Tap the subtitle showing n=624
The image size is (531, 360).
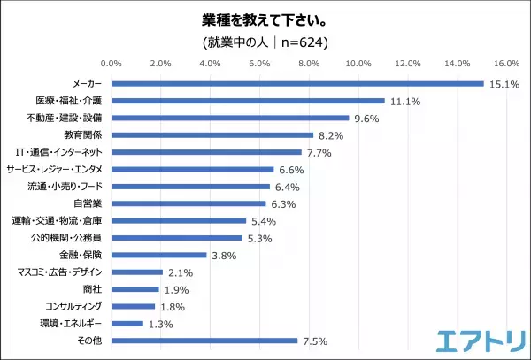tap(265, 41)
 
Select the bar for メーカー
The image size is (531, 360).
tap(297, 83)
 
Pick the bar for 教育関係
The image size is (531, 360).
tap(212, 134)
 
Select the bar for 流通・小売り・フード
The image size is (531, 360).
tap(190, 187)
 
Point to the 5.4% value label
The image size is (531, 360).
tap(263, 221)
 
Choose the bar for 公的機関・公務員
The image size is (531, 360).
tap(177, 238)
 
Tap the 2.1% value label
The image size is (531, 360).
tap(181, 272)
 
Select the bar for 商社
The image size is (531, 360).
tap(135, 289)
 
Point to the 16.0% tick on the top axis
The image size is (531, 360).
tap(505, 64)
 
